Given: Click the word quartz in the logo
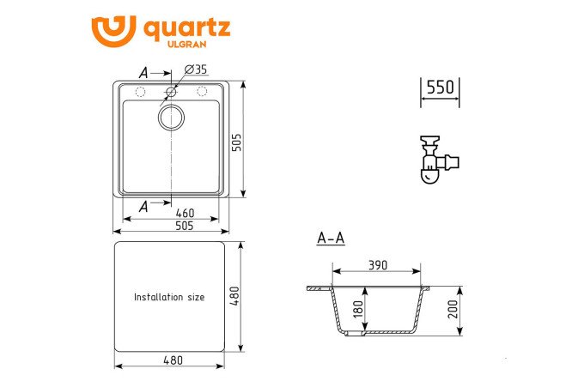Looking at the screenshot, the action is pyautogui.click(x=186, y=29).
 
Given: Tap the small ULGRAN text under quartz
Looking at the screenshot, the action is pyautogui.click(x=186, y=45).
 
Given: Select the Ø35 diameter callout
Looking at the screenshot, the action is pyautogui.click(x=196, y=70).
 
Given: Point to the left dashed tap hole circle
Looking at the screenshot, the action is pyautogui.click(x=140, y=92).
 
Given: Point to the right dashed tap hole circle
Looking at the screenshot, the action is pyautogui.click(x=202, y=91).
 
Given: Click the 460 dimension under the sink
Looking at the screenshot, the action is pyautogui.click(x=185, y=213).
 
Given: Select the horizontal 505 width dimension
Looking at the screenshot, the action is pyautogui.click(x=185, y=226).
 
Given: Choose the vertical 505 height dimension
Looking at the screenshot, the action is pyautogui.click(x=237, y=142).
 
